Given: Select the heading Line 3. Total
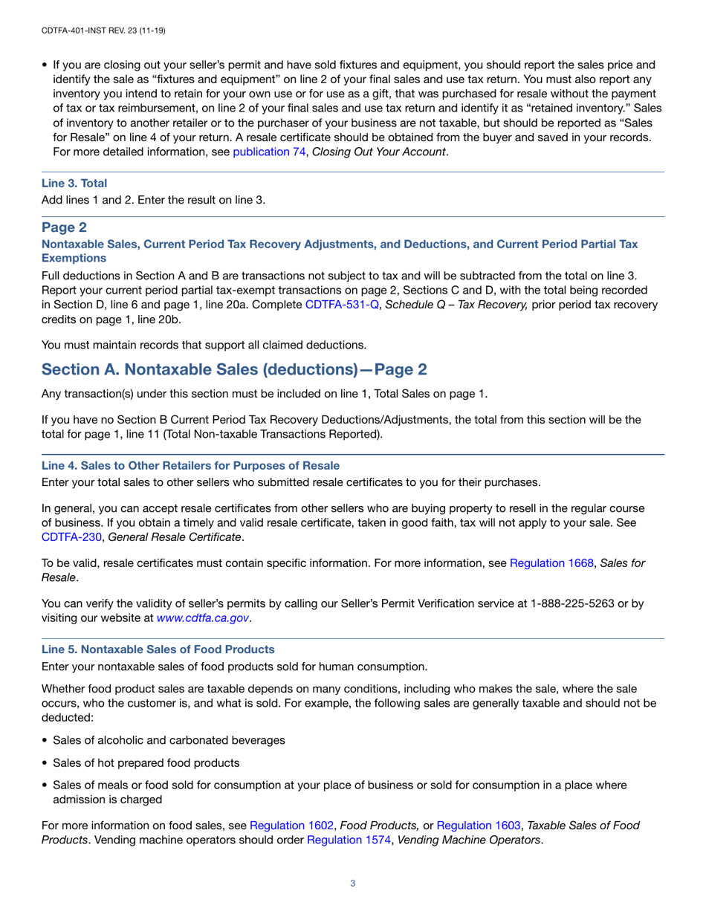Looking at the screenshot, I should (74, 183).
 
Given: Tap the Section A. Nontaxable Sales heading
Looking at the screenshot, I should (234, 369).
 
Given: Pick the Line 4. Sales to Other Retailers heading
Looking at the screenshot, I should (190, 465).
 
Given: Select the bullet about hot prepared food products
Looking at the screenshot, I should (146, 762).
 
